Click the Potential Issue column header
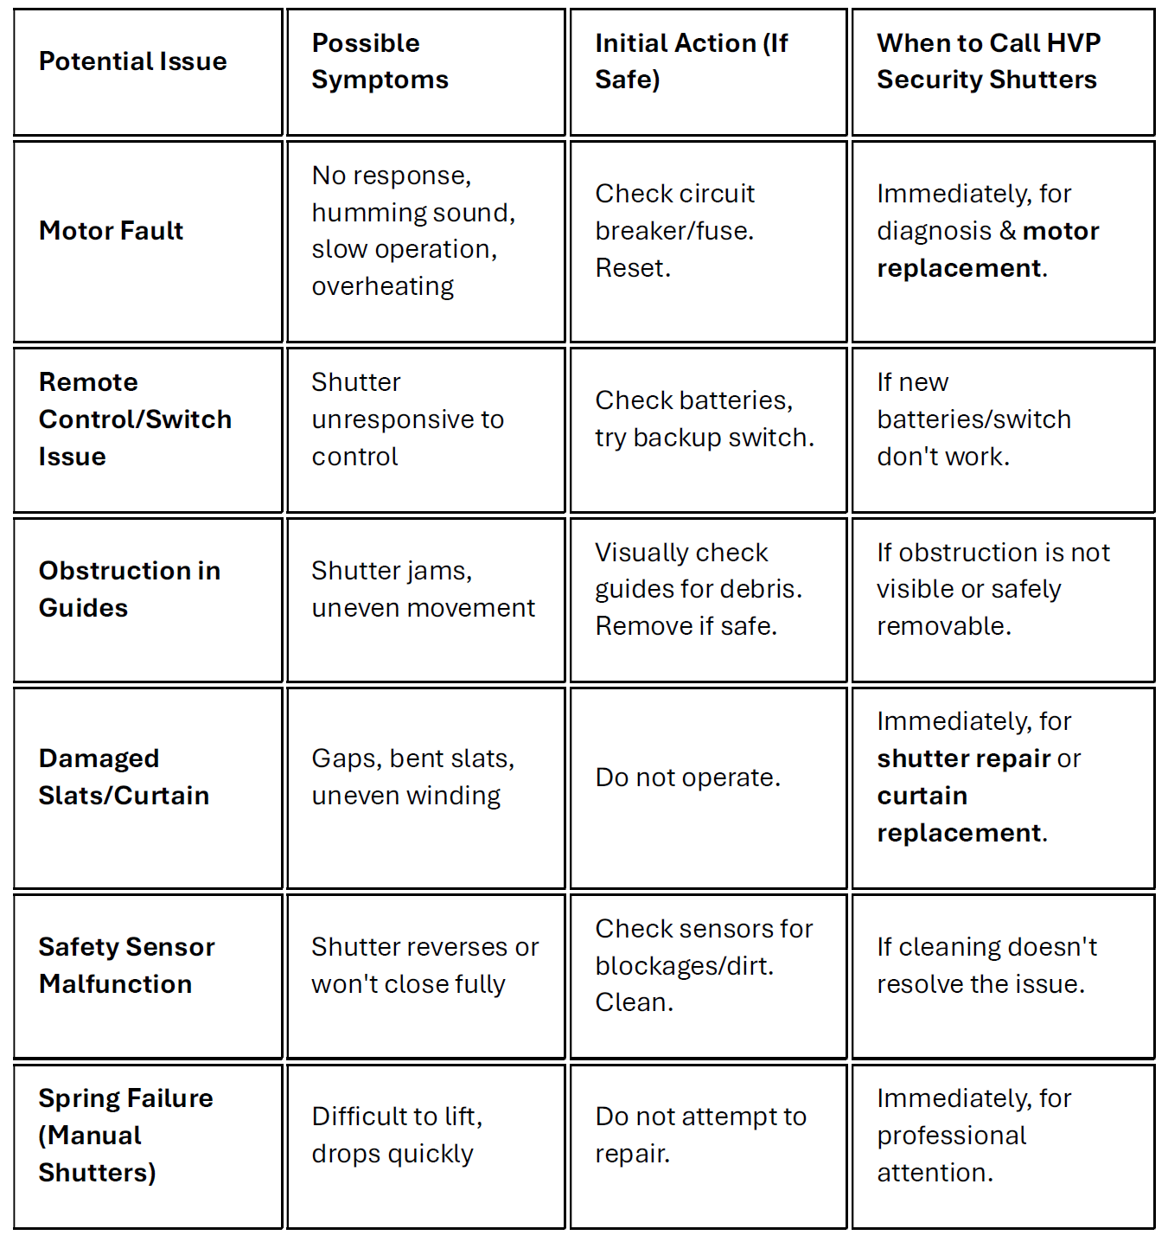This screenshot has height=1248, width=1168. [133, 61]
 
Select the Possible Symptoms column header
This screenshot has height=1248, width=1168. [380, 61]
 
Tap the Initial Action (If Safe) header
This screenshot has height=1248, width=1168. [691, 61]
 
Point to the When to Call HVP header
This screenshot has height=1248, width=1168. [987, 61]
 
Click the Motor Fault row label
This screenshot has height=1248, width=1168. [112, 231]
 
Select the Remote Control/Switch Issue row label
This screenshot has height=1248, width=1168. [135, 419]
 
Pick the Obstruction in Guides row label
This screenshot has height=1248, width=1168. [130, 589]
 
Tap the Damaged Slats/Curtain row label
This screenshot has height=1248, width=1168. [124, 777]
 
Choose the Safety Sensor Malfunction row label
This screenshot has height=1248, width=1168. [126, 965]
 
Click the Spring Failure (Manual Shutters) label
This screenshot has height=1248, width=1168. [125, 1135]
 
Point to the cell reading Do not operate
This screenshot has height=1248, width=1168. [687, 778]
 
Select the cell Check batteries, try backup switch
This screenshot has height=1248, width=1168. [704, 419]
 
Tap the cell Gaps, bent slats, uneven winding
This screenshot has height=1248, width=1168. [412, 777]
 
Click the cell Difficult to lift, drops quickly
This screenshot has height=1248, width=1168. [397, 1135]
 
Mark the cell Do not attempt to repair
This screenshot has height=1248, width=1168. [700, 1135]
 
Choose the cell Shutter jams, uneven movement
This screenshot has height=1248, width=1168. [423, 589]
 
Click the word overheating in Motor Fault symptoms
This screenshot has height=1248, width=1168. [382, 286]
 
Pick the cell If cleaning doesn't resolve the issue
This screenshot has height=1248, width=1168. [986, 965]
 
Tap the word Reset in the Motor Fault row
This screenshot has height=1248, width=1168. [632, 268]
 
